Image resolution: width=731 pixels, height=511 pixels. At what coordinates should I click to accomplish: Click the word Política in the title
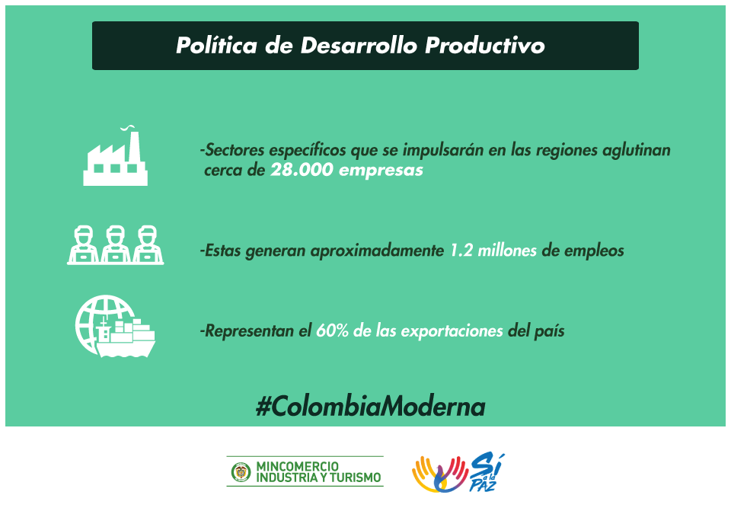[216, 46]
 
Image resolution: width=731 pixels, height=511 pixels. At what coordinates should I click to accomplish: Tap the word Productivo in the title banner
[485, 46]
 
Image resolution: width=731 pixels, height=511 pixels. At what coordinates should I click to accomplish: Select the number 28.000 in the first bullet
[302, 170]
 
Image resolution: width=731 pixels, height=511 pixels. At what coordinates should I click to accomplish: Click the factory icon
[115, 156]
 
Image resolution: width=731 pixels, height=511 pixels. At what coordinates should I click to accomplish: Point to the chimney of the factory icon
[134, 147]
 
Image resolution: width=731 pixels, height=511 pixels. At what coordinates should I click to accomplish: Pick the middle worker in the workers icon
[116, 244]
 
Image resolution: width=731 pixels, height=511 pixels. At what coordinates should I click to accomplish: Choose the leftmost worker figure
[84, 244]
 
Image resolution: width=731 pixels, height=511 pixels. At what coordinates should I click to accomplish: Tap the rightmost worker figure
[148, 244]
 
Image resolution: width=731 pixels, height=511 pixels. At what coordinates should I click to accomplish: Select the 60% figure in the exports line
[333, 331]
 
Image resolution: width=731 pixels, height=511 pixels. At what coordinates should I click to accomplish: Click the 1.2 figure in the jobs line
[461, 251]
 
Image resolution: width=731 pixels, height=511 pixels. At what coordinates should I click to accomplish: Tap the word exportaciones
[452, 331]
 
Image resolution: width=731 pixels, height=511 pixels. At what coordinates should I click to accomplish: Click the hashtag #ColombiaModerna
[371, 407]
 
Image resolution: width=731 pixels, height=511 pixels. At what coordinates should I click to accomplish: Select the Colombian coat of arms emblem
[241, 472]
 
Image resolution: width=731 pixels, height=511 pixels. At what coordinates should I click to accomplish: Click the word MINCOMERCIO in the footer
[298, 466]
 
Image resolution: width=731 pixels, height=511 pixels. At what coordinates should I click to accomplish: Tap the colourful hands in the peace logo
[440, 474]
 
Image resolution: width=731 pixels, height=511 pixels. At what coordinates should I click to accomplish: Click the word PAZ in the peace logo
[482, 485]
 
